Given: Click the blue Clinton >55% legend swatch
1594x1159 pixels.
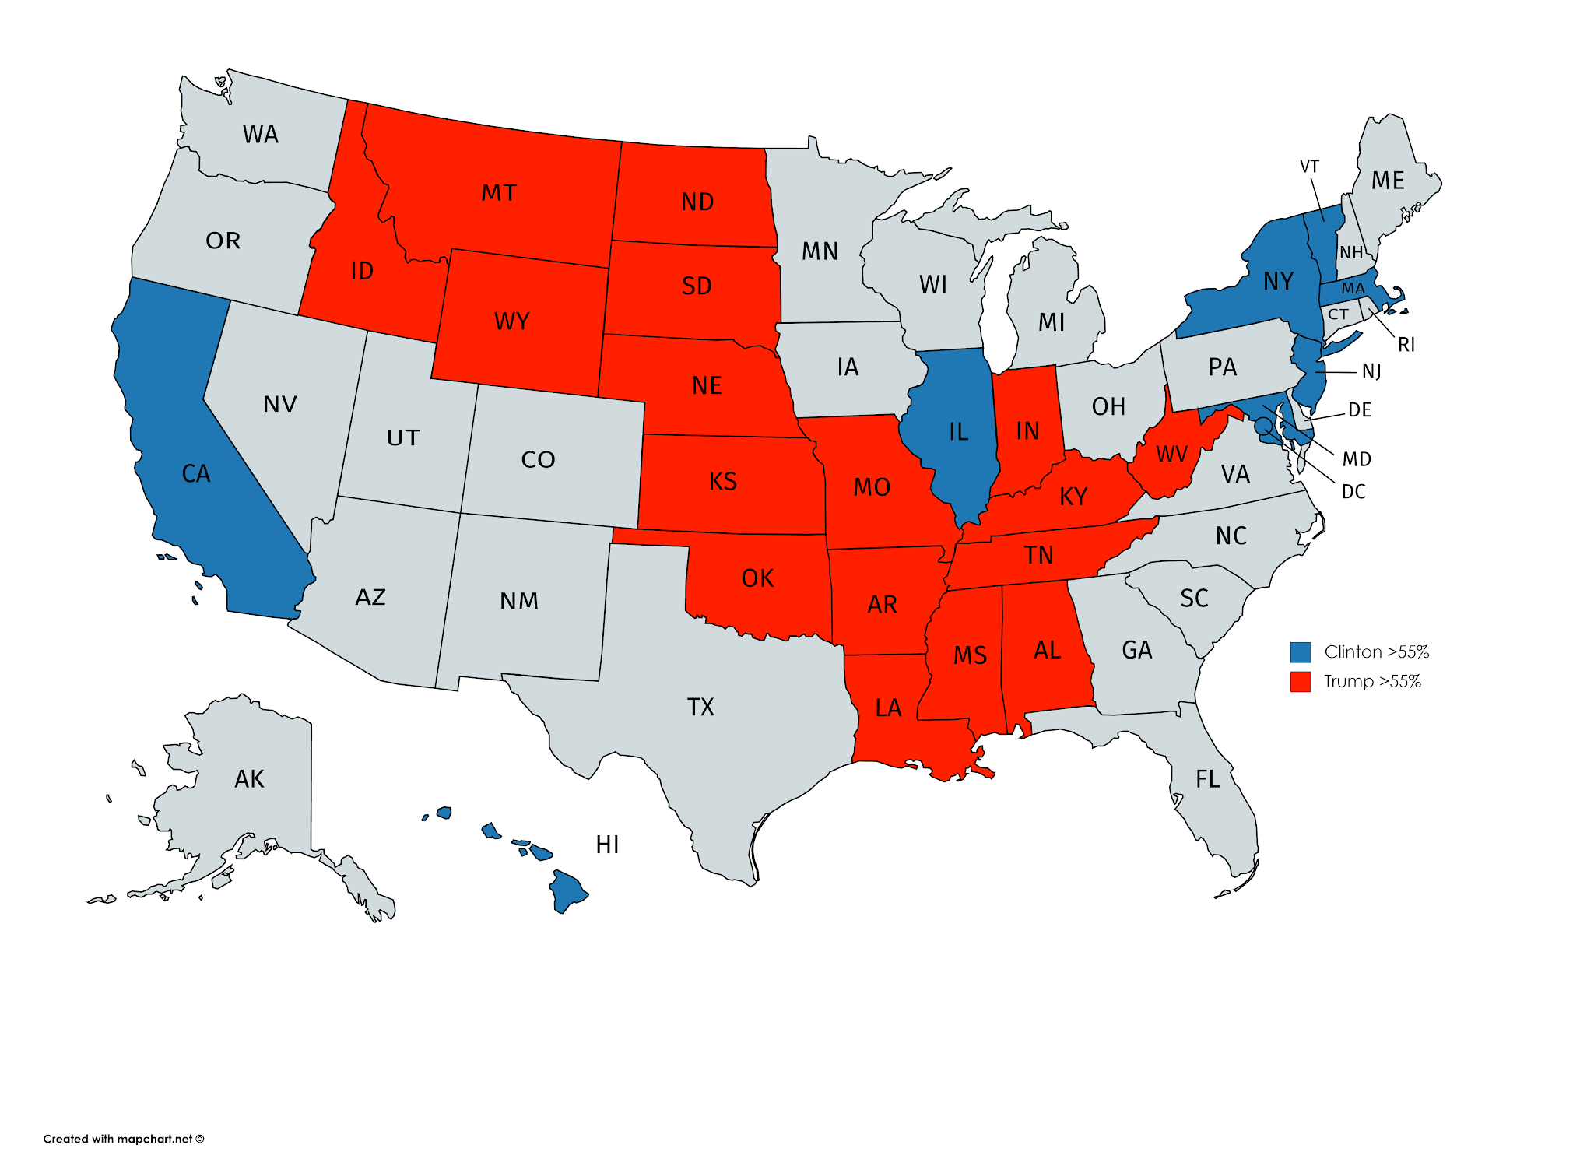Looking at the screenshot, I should point(1300,651).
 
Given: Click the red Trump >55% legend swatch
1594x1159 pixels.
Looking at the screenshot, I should point(1300,681).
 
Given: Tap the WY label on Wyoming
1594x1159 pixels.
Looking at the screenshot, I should point(511,321).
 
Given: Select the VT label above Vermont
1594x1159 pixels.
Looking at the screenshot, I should point(1309,167).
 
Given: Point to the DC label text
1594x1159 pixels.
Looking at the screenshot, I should point(1353,491).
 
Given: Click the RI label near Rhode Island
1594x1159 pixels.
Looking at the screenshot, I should point(1406,344).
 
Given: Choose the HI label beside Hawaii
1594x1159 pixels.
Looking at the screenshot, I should point(607,845).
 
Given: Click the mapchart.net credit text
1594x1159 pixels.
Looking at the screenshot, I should point(123,1139).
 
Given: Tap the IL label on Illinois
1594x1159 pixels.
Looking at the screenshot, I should point(958,432).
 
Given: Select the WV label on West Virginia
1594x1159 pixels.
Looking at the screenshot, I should point(1171,454).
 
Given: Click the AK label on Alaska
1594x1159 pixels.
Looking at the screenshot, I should point(249,778).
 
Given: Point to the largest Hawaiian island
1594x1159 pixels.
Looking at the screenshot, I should point(567,892).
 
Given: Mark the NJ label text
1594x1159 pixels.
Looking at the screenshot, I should point(1371,371).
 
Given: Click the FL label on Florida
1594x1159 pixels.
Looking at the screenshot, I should point(1207,778).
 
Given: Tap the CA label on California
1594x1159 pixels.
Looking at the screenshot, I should point(195,473).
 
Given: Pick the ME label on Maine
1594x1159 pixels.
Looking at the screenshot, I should point(1388,181).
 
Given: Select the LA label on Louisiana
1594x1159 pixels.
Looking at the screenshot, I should point(888,708).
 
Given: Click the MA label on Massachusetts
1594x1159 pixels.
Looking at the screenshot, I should point(1353,289).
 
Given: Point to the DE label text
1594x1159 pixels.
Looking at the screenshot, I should point(1359,409).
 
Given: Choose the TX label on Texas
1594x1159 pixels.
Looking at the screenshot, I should point(700,707).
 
